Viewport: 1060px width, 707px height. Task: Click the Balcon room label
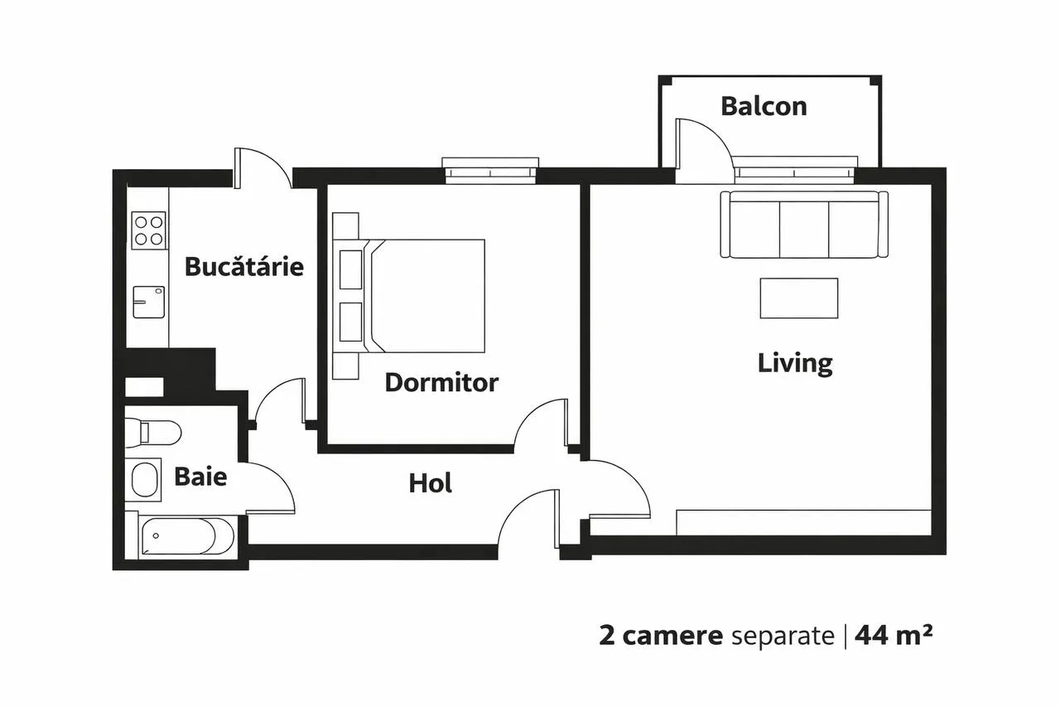click(764, 107)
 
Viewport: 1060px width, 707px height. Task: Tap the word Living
click(795, 363)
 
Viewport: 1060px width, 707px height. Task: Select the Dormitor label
click(441, 383)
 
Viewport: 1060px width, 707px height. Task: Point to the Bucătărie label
click(244, 266)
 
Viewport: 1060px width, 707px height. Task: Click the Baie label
click(200, 477)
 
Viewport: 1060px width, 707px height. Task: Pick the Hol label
click(430, 483)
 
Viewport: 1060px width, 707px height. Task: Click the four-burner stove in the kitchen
click(148, 230)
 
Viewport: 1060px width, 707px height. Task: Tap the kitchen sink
click(148, 303)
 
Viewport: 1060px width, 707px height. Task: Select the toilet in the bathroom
click(153, 432)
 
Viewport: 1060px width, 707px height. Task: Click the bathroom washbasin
click(143, 479)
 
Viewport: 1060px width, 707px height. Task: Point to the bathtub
click(186, 536)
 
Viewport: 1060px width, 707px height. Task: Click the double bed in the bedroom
click(409, 296)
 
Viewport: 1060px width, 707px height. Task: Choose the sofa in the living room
click(804, 225)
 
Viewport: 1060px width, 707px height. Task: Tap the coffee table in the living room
click(799, 298)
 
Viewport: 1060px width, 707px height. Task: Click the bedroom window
click(490, 171)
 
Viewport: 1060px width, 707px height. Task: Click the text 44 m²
click(894, 635)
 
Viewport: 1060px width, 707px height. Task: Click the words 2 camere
click(661, 636)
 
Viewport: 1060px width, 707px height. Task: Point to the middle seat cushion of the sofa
click(804, 230)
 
